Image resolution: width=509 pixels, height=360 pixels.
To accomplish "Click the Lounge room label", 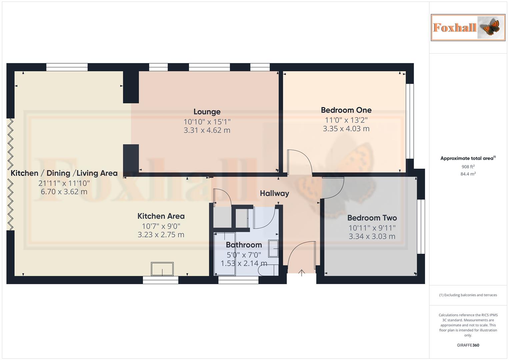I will (207, 112).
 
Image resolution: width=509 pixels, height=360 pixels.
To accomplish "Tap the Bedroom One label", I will (346, 110).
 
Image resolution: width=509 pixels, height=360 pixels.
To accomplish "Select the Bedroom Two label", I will (372, 218).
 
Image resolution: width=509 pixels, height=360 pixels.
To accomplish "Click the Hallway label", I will (274, 193).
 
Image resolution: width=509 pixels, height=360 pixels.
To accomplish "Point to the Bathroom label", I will (244, 245).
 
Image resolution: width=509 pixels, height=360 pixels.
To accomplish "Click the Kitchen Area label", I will (161, 216).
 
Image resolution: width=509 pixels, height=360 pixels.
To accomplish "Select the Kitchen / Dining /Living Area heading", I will (64, 173).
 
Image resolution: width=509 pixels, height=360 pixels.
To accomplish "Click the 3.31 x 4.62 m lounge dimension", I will (207, 130).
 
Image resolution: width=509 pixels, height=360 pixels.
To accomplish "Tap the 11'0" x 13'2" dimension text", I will (346, 120).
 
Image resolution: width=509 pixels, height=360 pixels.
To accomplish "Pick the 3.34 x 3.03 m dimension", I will (372, 237).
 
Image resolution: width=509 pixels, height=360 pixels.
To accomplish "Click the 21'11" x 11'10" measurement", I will (64, 183).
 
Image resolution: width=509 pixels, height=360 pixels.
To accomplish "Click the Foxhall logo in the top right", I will (468, 28).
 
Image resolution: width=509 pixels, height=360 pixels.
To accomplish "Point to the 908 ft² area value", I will (468, 167).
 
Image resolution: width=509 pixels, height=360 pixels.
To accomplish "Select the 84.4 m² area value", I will (468, 174).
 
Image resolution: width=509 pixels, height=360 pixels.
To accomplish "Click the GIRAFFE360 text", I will (468, 345).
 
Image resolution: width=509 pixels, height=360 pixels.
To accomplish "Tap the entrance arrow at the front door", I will (302, 273).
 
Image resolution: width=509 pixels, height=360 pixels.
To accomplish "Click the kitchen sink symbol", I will (162, 269).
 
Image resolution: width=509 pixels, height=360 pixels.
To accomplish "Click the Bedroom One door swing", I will (299, 162).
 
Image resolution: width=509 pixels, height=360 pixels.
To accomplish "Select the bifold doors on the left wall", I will (10, 174).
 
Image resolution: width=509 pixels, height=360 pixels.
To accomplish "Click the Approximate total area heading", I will (468, 158).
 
